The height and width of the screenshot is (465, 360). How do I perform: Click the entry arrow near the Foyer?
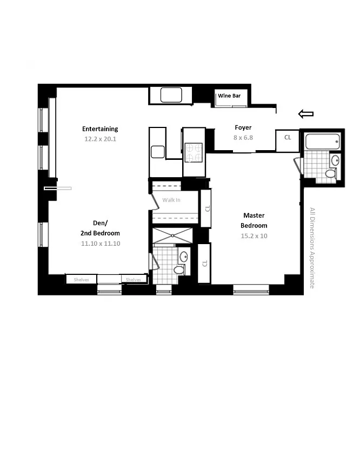(x=306, y=114)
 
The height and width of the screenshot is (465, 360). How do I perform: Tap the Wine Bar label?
(x=229, y=96)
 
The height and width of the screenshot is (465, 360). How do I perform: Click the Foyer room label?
(x=243, y=127)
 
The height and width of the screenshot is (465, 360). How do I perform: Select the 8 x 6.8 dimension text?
(x=243, y=138)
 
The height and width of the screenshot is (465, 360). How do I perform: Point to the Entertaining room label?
(x=100, y=129)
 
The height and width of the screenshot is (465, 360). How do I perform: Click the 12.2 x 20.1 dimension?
(x=100, y=139)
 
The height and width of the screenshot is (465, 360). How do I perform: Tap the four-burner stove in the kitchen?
(x=194, y=152)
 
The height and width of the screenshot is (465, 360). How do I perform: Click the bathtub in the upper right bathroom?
(x=322, y=141)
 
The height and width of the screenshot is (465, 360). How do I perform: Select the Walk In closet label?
(x=171, y=200)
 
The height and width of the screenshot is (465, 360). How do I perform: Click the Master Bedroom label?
(x=254, y=220)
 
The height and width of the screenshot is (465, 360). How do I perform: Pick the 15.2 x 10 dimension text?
(x=254, y=236)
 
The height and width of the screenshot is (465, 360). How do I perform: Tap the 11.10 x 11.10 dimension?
(x=101, y=244)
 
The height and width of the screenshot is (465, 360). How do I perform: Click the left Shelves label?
(x=81, y=280)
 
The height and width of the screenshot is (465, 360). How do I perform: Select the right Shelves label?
(x=134, y=280)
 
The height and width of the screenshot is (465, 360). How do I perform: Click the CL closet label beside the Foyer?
(x=288, y=137)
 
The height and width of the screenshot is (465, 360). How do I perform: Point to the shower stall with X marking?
(x=172, y=236)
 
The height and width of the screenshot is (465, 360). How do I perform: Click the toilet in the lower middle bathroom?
(x=179, y=269)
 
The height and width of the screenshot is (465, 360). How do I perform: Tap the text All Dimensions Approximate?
(x=312, y=248)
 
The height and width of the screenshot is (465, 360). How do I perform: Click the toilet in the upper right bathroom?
(x=331, y=173)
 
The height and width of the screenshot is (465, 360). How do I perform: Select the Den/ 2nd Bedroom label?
(x=101, y=228)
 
